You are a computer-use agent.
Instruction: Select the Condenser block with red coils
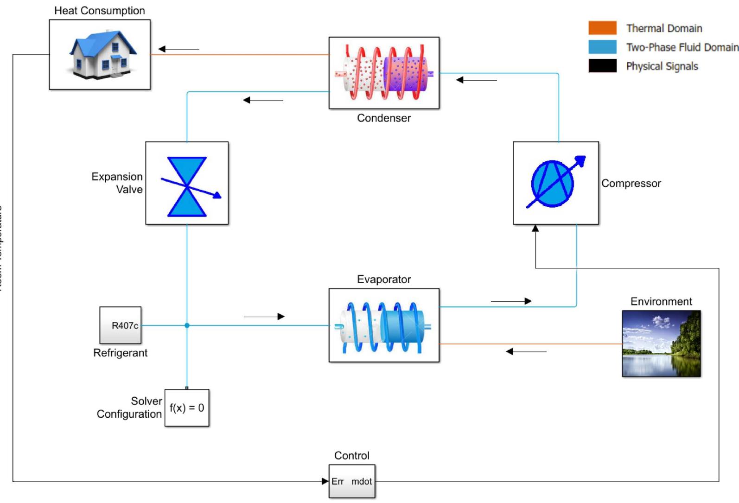point(384,73)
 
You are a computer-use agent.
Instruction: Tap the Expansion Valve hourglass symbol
point(187,186)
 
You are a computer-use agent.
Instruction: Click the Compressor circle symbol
point(553,183)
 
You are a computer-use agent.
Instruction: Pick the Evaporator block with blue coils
point(384,325)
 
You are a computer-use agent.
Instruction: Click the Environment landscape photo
point(661,344)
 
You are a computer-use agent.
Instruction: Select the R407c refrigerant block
point(121,325)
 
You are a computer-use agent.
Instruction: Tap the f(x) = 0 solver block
point(187,407)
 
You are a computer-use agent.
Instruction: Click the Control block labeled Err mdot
point(351,481)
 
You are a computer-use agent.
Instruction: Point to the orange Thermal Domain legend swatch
point(602,28)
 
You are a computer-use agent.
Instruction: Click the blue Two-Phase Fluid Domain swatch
point(602,47)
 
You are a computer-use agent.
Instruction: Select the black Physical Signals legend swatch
point(602,66)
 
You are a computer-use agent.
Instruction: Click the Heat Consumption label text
point(99,11)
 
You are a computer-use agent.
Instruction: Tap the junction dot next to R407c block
point(187,325)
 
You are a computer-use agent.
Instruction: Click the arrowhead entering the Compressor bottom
point(535,228)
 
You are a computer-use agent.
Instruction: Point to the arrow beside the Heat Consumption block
point(178,49)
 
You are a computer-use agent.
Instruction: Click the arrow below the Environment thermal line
point(526,352)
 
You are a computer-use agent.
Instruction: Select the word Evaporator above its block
point(384,279)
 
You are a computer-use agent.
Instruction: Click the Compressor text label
point(631,183)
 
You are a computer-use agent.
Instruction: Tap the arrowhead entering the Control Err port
point(325,481)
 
